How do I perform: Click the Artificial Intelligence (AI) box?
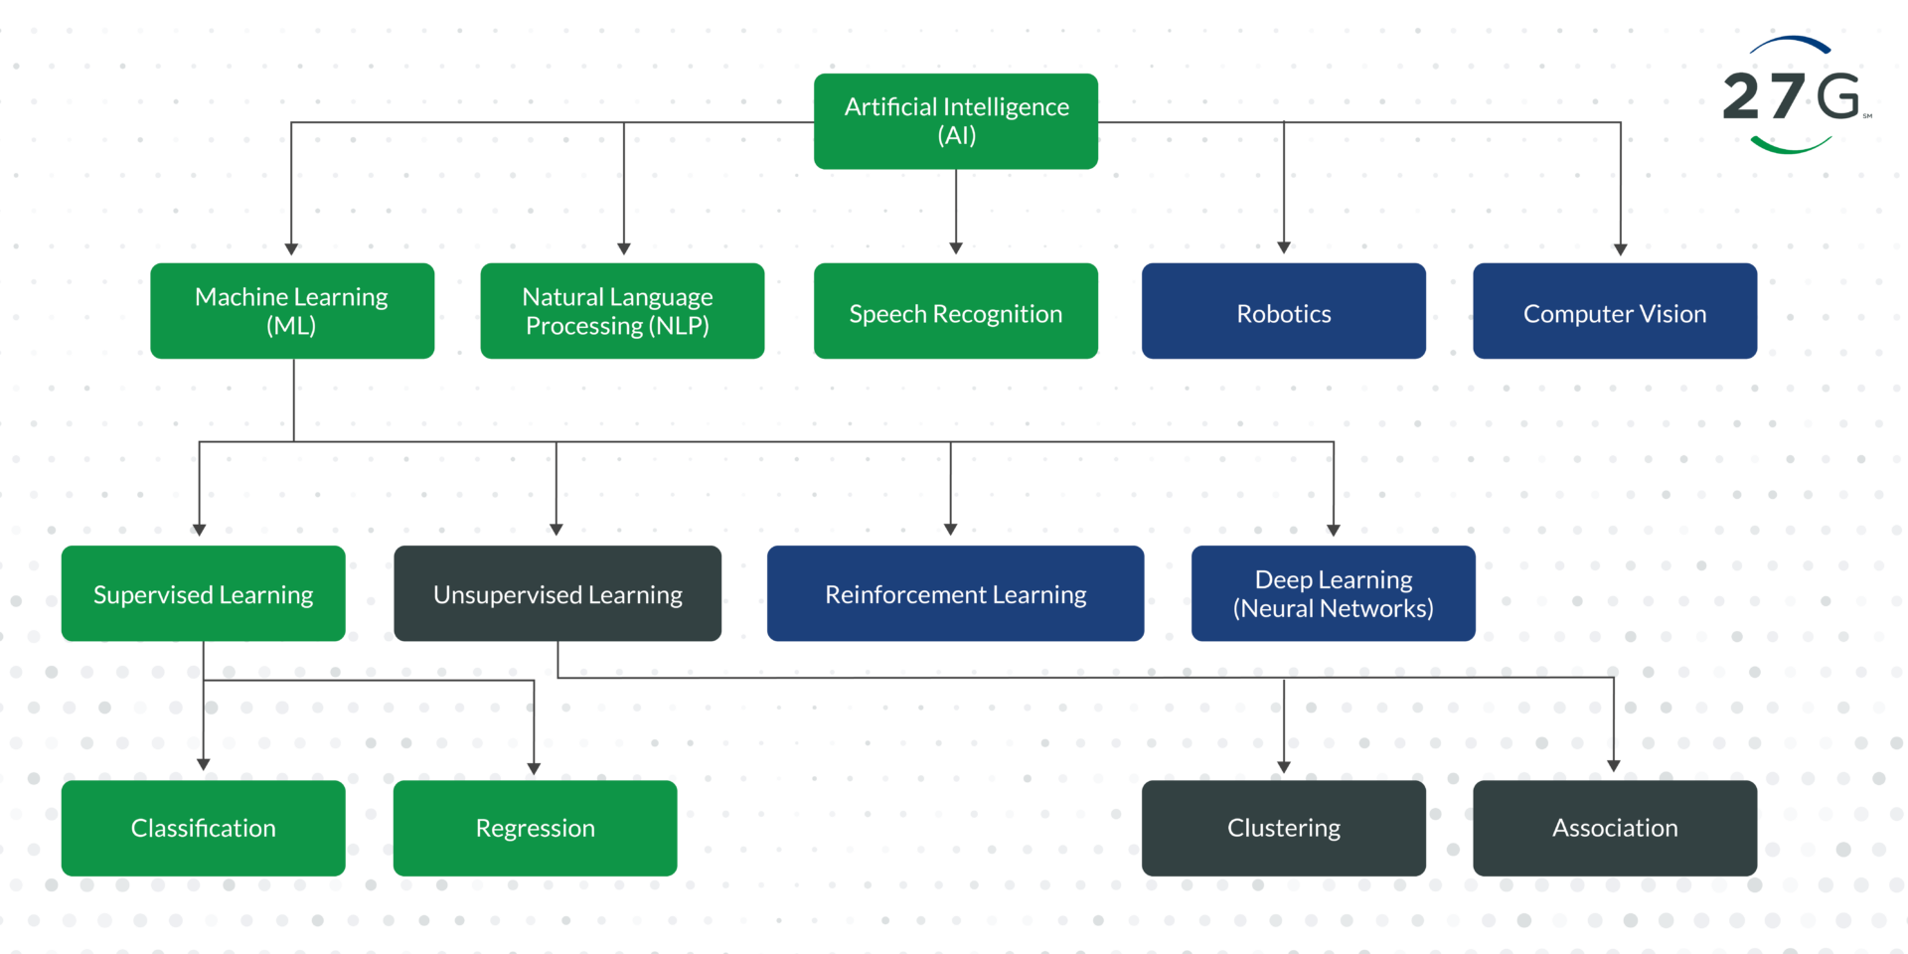[955, 121]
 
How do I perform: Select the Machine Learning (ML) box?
[292, 311]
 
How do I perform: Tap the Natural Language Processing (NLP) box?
[622, 311]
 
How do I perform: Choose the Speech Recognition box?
[955, 311]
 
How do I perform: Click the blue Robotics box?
[1283, 311]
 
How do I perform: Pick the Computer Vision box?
[1614, 311]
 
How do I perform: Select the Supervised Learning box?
[203, 593]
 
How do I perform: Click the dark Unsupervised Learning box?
[557, 593]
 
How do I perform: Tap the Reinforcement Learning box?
[955, 593]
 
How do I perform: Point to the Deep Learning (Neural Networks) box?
[1333, 593]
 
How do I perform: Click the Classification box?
[203, 828]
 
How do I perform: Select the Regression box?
[535, 828]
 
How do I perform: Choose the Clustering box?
[1283, 828]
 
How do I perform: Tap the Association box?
[1614, 828]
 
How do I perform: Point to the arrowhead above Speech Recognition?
[956, 248]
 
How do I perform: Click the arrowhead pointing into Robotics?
[1284, 247]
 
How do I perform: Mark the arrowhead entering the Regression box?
[534, 768]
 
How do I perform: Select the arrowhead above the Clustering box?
[1284, 767]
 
